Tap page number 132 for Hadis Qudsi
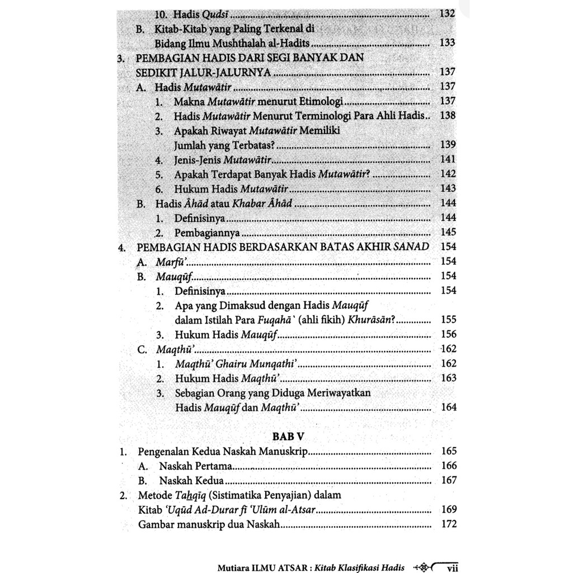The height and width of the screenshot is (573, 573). click(x=448, y=13)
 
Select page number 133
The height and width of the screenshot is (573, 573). click(x=448, y=43)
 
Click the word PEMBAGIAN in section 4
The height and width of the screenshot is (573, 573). click(x=167, y=247)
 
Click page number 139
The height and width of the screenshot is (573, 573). click(x=448, y=144)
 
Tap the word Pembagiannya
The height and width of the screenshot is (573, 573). click(x=207, y=232)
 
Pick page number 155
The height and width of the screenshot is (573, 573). click(x=448, y=320)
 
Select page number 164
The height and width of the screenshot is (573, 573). click(x=448, y=407)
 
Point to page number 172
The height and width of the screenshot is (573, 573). click(x=448, y=524)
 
